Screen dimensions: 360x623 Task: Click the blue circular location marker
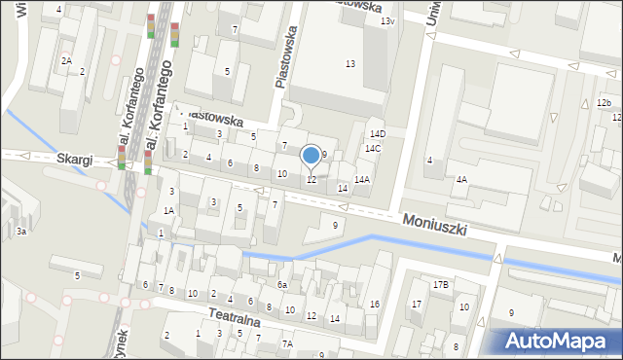(x=311, y=155)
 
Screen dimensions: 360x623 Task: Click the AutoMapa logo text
(x=558, y=341)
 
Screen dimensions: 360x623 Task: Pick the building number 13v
(x=387, y=21)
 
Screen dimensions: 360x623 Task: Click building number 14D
(x=377, y=134)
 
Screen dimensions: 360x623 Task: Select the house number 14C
(x=372, y=149)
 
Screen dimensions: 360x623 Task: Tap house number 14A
(x=361, y=180)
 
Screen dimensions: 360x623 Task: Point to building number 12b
(x=604, y=103)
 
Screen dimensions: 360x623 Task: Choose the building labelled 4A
(x=461, y=180)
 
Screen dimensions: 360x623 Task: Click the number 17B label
(x=440, y=285)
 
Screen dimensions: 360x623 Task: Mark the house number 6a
(x=281, y=285)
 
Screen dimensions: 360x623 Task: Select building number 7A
(x=287, y=343)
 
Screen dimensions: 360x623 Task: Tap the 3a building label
(x=20, y=232)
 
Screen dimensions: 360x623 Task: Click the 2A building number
(x=66, y=60)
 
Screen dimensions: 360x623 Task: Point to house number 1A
(x=168, y=211)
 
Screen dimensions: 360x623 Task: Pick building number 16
(x=374, y=305)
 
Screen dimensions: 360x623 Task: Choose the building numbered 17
(x=416, y=305)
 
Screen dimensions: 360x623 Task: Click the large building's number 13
(x=349, y=64)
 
